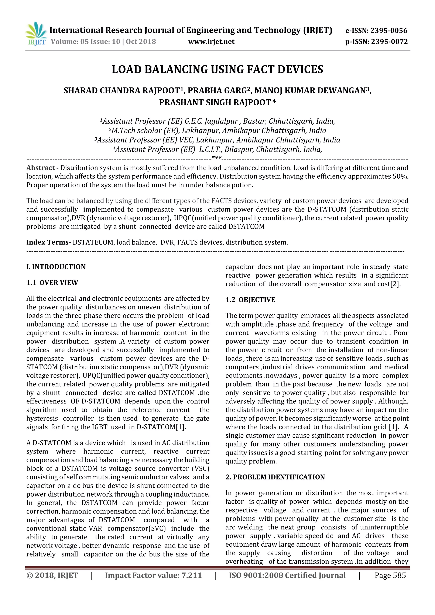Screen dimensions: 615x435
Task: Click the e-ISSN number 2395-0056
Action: click(x=389, y=31)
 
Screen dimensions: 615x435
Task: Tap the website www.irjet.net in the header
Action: click(x=211, y=42)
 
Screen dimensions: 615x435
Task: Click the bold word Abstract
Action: click(x=41, y=168)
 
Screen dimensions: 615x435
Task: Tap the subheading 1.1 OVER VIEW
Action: click(x=52, y=283)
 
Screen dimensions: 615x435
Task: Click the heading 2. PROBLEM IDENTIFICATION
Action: click(x=275, y=477)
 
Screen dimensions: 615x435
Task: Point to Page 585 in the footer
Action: click(x=390, y=575)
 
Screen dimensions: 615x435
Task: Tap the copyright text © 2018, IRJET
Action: click(x=52, y=575)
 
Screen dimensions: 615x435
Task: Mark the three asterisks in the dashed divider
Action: click(x=217, y=158)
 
